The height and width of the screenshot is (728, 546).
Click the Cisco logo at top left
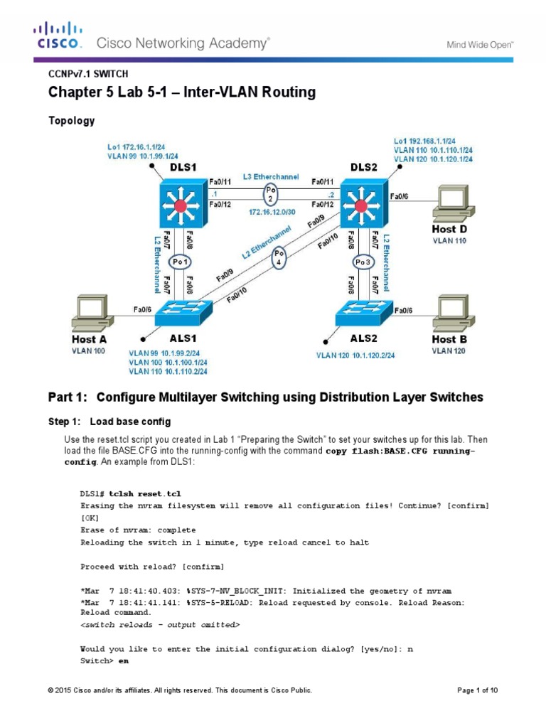[59, 36]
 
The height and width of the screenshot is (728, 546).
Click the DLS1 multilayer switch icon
[181, 205]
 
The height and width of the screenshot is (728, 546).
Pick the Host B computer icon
[456, 314]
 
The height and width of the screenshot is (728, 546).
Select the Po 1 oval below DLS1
[181, 260]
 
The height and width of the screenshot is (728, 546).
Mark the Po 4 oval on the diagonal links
[279, 256]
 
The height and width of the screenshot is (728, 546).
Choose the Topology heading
[71, 121]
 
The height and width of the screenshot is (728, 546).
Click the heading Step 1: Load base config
[109, 422]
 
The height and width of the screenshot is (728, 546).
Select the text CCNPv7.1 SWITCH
[88, 73]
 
